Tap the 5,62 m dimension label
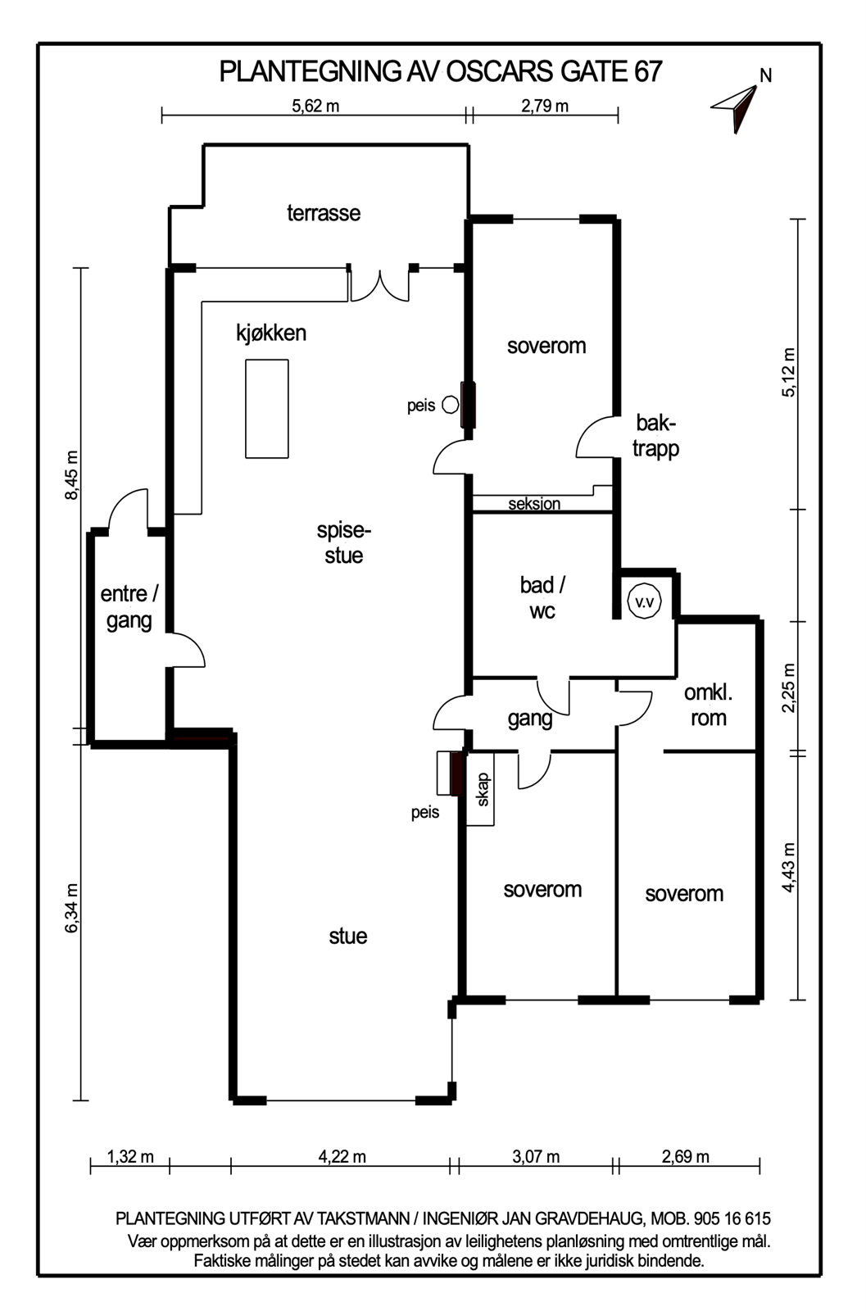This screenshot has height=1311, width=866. click(315, 106)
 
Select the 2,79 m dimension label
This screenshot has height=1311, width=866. click(545, 106)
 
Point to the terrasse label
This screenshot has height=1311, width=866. click(324, 213)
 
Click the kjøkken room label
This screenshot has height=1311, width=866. click(271, 333)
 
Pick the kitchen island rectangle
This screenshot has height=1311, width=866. click(267, 409)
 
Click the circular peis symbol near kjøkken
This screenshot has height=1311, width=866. click(450, 405)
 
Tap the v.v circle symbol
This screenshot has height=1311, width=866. click(644, 601)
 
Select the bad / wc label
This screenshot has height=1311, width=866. click(542, 597)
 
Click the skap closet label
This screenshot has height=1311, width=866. click(483, 790)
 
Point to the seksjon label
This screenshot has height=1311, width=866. click(534, 504)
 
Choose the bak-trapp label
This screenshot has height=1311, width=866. click(656, 437)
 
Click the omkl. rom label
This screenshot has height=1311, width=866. click(709, 705)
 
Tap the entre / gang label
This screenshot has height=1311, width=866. click(129, 607)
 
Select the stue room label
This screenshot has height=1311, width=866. click(348, 936)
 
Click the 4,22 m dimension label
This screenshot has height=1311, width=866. click(342, 1156)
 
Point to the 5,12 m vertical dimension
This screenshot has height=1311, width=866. click(789, 373)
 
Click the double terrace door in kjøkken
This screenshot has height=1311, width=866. click(379, 286)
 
